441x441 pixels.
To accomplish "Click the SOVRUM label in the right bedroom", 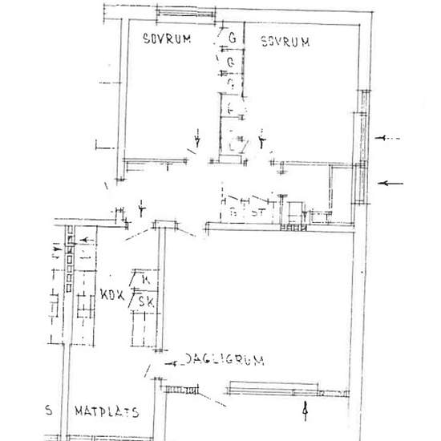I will [284, 42].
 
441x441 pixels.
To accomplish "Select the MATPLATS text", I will [107, 413].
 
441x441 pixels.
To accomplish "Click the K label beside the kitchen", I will [144, 280].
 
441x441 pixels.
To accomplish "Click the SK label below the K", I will [146, 301].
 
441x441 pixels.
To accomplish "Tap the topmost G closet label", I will [232, 38].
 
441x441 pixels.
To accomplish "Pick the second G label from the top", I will [231, 61].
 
